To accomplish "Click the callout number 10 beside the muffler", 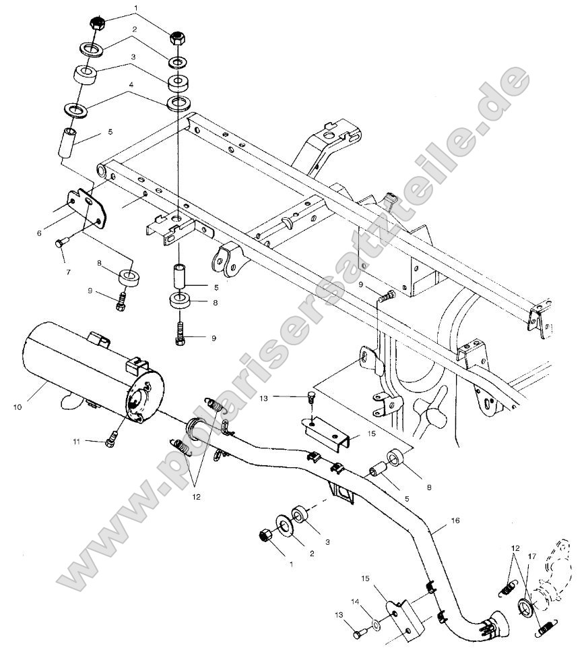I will [x=17, y=407].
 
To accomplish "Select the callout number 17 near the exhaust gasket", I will [x=532, y=557].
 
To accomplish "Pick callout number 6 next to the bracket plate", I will [x=40, y=233].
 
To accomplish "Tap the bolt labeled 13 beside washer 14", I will [x=358, y=632].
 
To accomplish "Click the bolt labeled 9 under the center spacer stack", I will [x=181, y=335].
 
